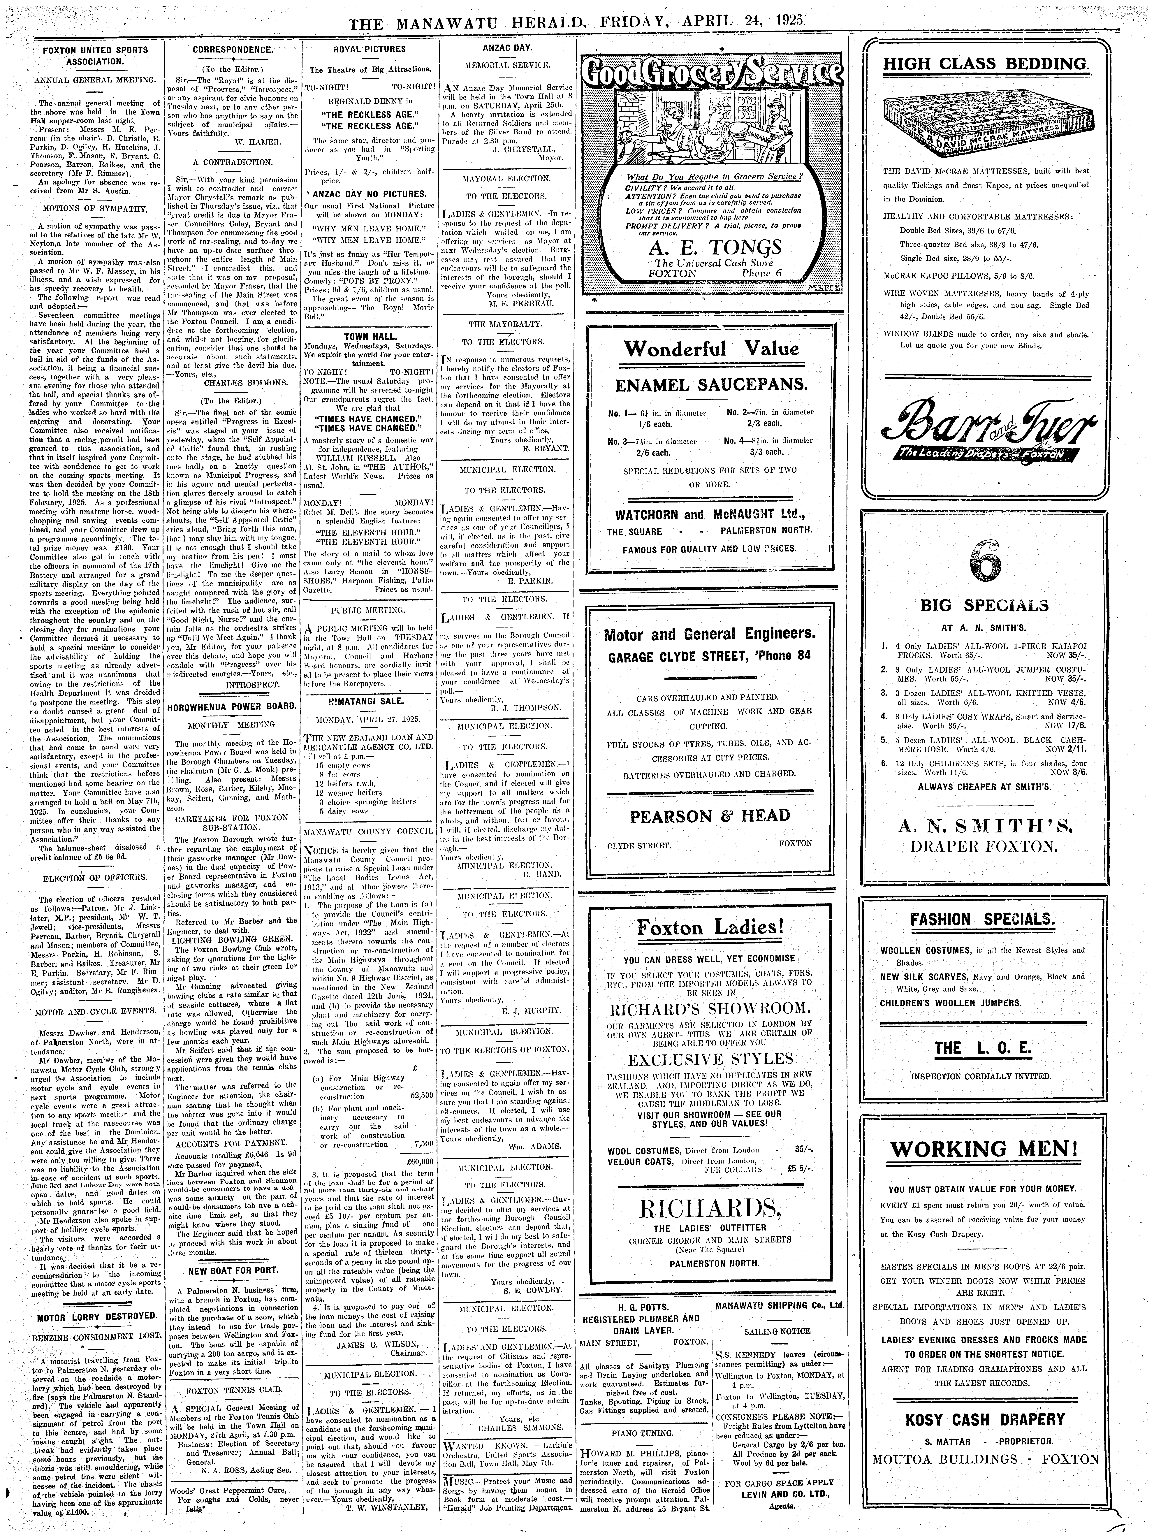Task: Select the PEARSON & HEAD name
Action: (x=710, y=816)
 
